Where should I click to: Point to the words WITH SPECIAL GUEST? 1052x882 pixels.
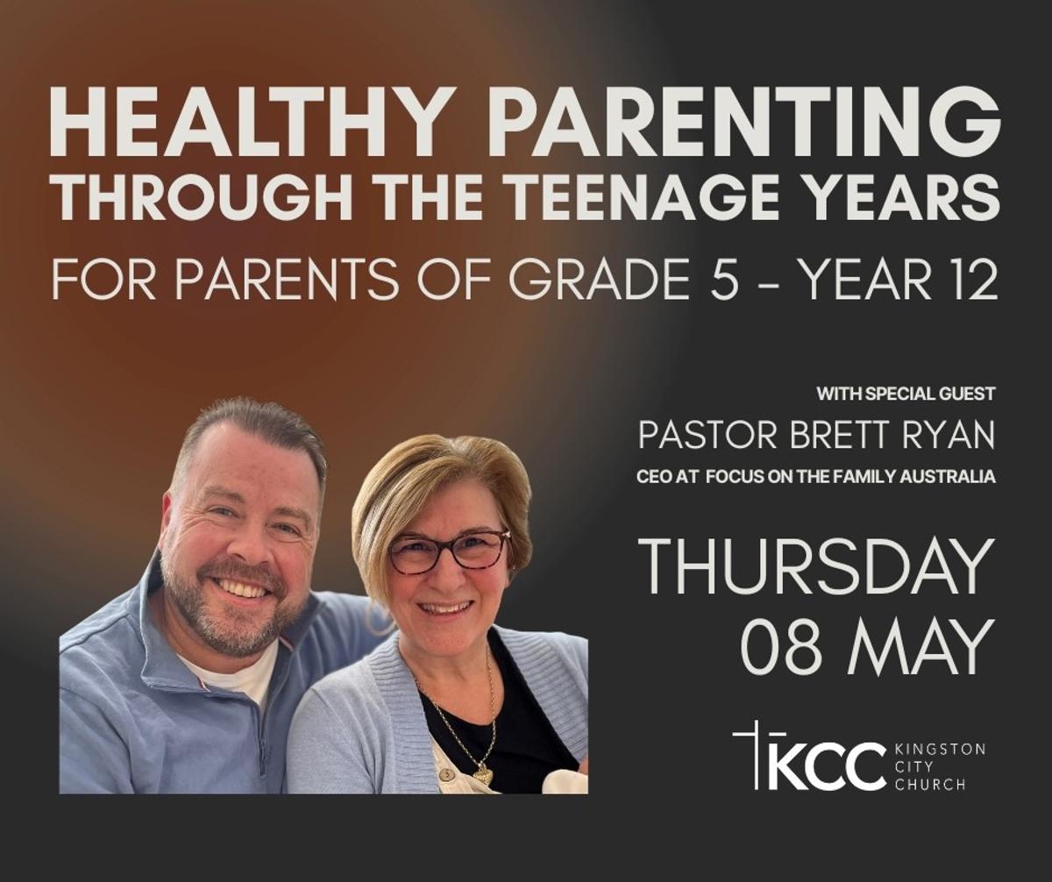pos(906,394)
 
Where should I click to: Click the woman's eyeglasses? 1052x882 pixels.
pos(447,551)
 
